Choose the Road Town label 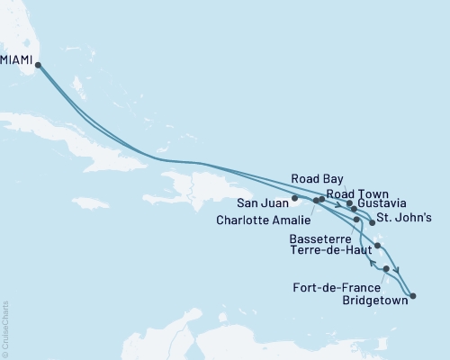click(357, 193)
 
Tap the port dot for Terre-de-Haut click(378, 246)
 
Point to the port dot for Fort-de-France click(386, 268)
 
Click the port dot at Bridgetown click(412, 295)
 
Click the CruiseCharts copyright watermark click(5, 329)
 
